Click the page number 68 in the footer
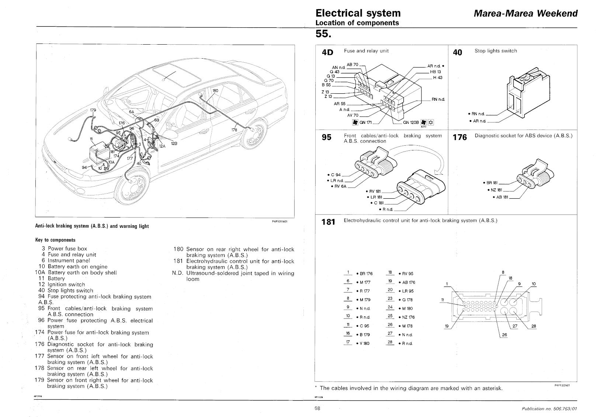click(317, 408)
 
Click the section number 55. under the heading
click(323, 34)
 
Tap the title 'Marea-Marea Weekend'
click(525, 13)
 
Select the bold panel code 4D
click(327, 52)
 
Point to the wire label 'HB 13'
click(435, 72)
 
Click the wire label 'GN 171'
click(365, 122)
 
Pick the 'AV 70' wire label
click(353, 115)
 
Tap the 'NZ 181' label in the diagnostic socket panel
click(496, 190)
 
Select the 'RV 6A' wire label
click(340, 186)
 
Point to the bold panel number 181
click(328, 222)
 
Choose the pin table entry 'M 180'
click(407, 309)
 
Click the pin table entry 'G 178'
click(407, 300)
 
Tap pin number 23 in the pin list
click(390, 298)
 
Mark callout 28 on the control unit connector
click(534, 326)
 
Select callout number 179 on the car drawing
click(93, 110)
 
